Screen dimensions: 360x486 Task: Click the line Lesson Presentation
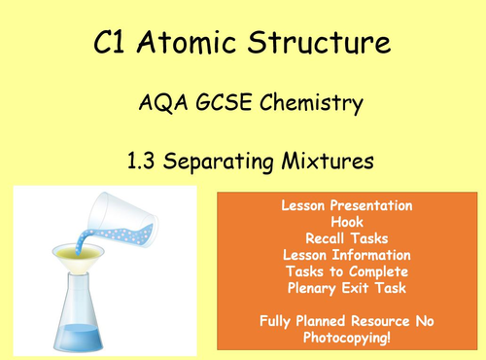point(347,207)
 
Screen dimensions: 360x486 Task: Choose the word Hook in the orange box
point(347,222)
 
